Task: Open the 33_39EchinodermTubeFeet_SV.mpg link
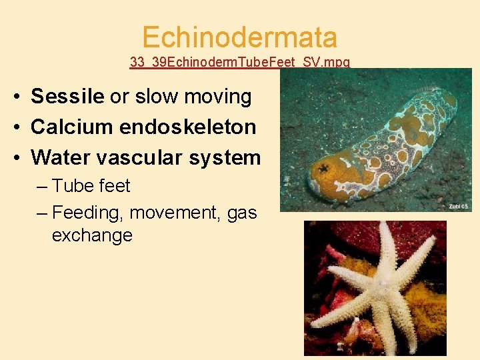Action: pos(240,62)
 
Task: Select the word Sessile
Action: pos(68,97)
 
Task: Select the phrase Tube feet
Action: pos(91,186)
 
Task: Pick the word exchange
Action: pos(92,235)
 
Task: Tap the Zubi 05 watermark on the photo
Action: pos(459,207)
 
